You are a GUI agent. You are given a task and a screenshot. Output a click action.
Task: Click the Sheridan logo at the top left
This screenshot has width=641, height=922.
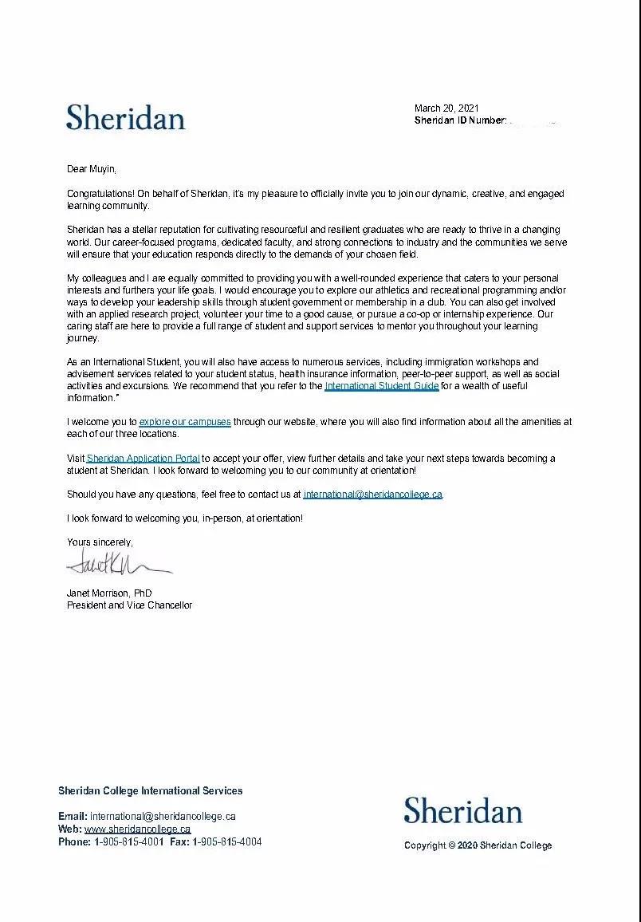pyautogui.click(x=125, y=118)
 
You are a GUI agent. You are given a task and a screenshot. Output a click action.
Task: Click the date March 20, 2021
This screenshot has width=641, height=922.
pyautogui.click(x=446, y=108)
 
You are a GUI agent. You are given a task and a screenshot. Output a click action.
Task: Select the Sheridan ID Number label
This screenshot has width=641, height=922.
pyautogui.click(x=460, y=120)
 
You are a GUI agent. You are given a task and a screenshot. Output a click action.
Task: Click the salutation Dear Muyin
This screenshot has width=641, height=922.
pyautogui.click(x=91, y=169)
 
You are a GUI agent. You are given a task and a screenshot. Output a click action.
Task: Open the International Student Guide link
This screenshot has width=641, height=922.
pyautogui.click(x=381, y=386)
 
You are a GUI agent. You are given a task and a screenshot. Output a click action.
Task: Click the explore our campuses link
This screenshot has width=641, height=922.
pyautogui.click(x=185, y=422)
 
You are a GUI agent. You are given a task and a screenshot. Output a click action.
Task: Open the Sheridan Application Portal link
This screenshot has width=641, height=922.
pyautogui.click(x=143, y=459)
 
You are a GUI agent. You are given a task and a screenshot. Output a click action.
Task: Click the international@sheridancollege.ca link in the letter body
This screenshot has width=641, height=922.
pyautogui.click(x=372, y=494)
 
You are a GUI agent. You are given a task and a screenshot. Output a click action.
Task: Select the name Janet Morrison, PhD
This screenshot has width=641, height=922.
pyautogui.click(x=109, y=593)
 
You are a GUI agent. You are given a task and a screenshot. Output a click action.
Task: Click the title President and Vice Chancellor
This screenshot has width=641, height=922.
pyautogui.click(x=129, y=605)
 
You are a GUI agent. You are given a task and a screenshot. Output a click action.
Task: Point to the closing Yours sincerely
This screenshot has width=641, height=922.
pyautogui.click(x=100, y=542)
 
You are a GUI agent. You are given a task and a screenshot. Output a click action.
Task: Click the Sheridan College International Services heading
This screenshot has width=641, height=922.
pyautogui.click(x=150, y=791)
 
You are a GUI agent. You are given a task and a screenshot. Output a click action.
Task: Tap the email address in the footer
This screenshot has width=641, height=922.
pyautogui.click(x=163, y=817)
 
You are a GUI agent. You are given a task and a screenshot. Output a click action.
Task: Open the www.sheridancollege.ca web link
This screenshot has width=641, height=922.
pyautogui.click(x=137, y=829)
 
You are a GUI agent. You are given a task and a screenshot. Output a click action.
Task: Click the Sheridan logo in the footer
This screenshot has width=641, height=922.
pyautogui.click(x=462, y=811)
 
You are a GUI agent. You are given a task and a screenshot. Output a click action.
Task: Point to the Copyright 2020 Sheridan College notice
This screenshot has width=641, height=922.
pyautogui.click(x=478, y=845)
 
